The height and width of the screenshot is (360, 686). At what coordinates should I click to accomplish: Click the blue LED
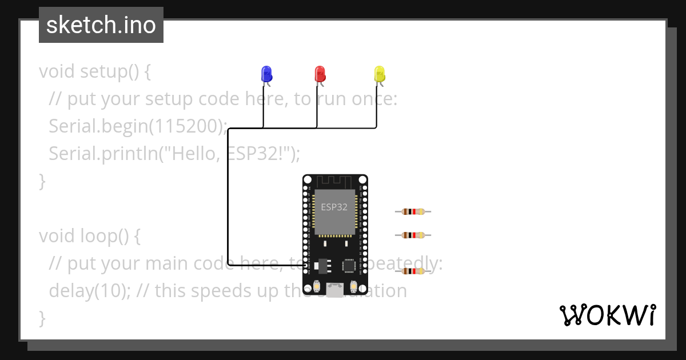tap(266, 74)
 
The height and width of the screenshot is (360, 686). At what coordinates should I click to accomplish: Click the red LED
tap(320, 74)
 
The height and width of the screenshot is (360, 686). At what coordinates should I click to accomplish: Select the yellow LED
tap(380, 74)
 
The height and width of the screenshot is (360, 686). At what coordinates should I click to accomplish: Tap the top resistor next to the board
tap(413, 211)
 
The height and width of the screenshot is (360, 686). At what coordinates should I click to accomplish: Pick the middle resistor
tap(413, 235)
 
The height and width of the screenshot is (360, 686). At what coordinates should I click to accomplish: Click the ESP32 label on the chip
tap(334, 207)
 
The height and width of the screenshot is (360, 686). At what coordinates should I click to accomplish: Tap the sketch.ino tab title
tap(101, 25)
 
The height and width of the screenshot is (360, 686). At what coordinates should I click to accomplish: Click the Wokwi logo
tap(607, 315)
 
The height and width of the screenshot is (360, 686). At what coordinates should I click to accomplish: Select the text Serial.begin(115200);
tap(138, 126)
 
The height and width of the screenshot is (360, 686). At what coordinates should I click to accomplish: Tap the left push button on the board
tap(316, 286)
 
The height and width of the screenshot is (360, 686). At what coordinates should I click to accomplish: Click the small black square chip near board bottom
tap(349, 266)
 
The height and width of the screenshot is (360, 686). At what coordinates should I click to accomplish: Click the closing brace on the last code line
tap(42, 318)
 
